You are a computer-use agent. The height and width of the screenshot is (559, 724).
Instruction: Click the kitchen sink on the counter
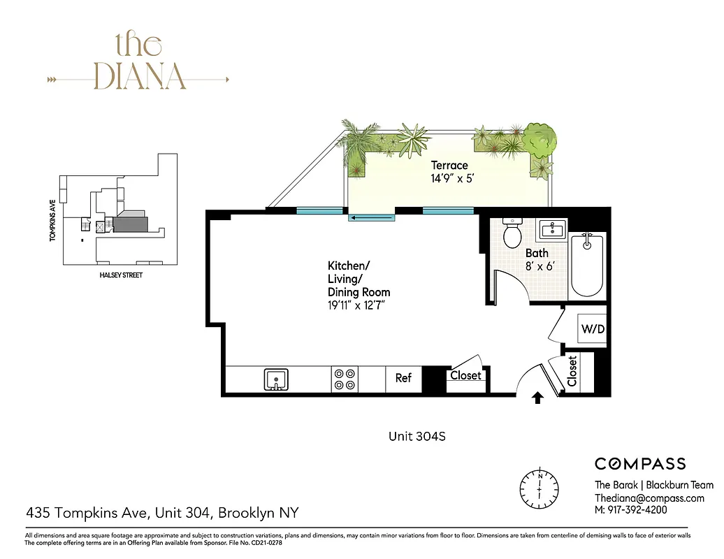coord(277,380)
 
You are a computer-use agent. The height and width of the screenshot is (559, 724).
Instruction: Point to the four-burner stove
coord(345,379)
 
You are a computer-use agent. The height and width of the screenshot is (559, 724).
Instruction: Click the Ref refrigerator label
coord(404,378)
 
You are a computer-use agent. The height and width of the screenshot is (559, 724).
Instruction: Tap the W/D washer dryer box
coord(591,329)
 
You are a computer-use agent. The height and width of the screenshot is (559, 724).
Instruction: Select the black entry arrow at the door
coord(537,398)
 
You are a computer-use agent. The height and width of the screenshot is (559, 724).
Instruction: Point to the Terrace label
coord(449,166)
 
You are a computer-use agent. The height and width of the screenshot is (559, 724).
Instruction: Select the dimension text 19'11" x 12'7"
coord(356,305)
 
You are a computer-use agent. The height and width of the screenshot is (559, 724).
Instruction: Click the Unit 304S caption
coord(417,437)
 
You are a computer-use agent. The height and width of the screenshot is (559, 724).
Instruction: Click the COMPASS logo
coord(639,463)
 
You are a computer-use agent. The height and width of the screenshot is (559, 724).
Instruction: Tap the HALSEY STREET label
coord(121,275)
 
